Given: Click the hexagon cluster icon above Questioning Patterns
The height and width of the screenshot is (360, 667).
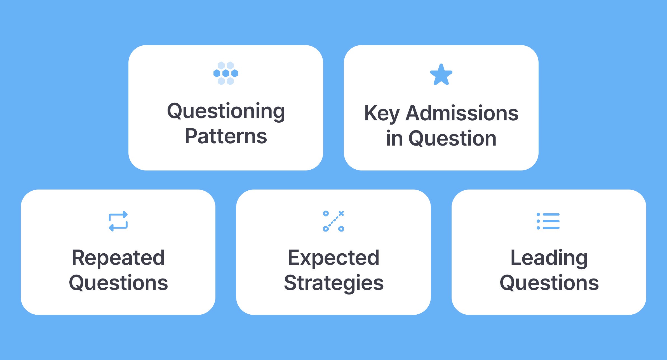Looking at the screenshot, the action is pos(226,73).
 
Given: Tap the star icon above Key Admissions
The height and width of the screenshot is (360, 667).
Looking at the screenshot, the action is pos(441,75).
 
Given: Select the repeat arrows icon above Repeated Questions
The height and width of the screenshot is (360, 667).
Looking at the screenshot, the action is pos(118,221).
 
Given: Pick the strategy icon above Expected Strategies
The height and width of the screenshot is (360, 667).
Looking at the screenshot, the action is pos(333,221).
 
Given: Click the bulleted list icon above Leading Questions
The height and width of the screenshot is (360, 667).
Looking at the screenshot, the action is pos(548,221).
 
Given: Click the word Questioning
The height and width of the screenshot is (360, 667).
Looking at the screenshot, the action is pos(226,111).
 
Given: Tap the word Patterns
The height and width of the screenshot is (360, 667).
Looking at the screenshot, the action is pos(226,136).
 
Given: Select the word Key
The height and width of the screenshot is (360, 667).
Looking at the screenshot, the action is pos(382,113).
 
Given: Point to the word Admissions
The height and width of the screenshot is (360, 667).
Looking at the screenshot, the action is pos(462,113).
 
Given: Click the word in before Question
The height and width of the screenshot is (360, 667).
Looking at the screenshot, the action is pos(394,138).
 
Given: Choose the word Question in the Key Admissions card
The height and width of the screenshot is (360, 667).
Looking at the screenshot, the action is pos(452,138).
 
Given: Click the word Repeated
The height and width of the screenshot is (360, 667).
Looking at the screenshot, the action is pos(118,258).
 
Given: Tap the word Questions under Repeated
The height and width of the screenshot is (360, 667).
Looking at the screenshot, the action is pos(118,283).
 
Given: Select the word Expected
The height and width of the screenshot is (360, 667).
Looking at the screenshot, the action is pos(333,258).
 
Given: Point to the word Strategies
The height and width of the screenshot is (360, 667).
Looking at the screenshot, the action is pos(333,283).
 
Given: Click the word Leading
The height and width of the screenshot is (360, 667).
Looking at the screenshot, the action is pos(549,258).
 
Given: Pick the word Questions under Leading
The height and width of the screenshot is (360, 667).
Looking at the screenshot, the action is pos(549,283).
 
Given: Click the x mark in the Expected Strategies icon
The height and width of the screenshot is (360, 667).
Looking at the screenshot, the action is pos(341,213).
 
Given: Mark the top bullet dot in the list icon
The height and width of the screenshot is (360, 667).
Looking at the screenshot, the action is pos(538,214).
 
